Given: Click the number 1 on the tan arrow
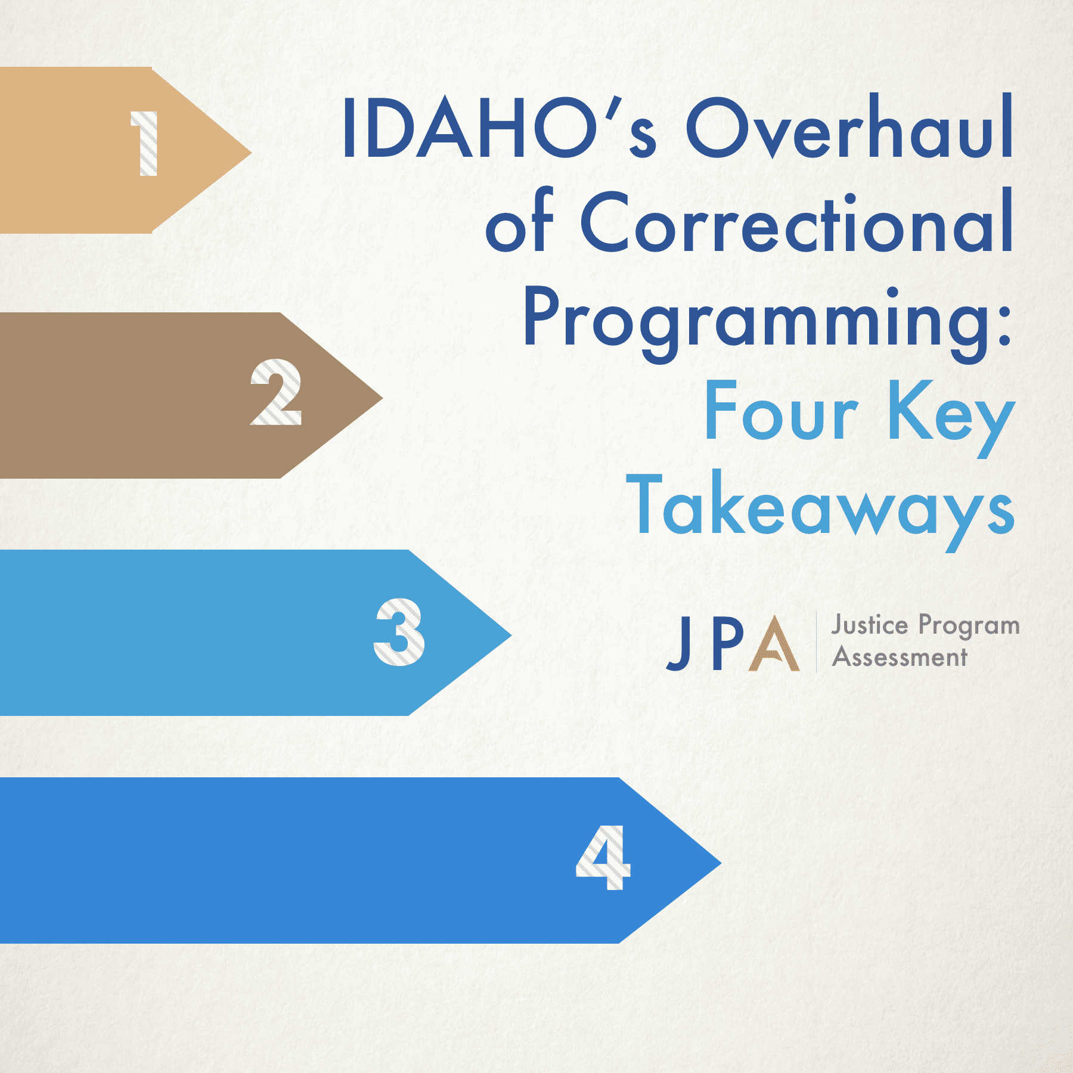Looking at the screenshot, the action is click(x=145, y=144).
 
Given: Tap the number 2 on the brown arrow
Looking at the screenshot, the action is click(x=276, y=392).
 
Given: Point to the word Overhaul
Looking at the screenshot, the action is click(x=849, y=126).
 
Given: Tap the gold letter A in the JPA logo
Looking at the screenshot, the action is click(x=774, y=643).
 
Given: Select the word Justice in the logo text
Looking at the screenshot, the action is click(x=870, y=625).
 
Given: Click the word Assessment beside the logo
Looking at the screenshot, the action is click(x=900, y=658).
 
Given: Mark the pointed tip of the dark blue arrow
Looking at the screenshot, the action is click(x=721, y=862).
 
